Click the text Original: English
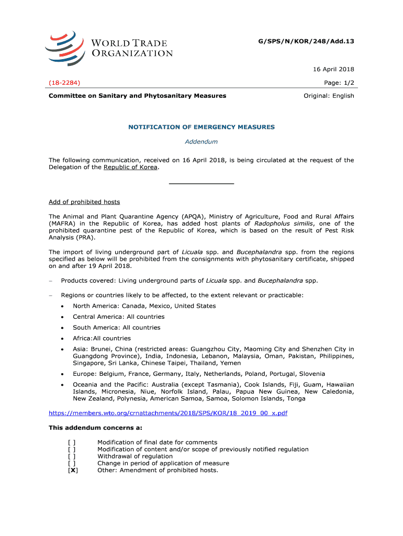pyautogui.click(x=329, y=96)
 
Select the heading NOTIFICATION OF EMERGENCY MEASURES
pyautogui.click(x=201, y=127)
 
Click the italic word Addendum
pyautogui.click(x=201, y=141)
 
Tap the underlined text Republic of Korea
pyautogui.click(x=130, y=167)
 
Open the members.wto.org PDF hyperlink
pyautogui.click(x=168, y=413)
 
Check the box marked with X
pyautogui.click(x=73, y=470)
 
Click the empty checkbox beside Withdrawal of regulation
pyautogui.click(x=72, y=456)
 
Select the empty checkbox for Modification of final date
pyautogui.click(x=72, y=442)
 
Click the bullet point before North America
pyautogui.click(x=63, y=306)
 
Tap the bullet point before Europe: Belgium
pyautogui.click(x=63, y=374)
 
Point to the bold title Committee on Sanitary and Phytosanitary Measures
pyautogui.click(x=138, y=96)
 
